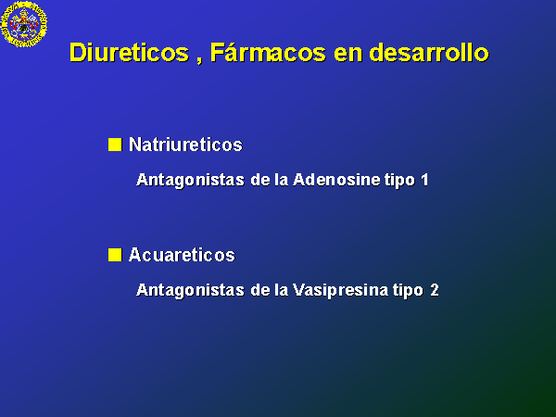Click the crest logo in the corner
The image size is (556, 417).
24,24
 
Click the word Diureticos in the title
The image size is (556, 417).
129,53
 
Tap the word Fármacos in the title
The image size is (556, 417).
268,52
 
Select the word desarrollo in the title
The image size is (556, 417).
429,53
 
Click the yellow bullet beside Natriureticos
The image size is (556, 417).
115,145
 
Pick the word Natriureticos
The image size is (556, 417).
185,145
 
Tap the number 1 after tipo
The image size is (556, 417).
424,180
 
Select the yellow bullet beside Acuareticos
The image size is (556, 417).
115,255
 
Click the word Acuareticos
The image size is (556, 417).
182,255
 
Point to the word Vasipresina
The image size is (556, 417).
340,290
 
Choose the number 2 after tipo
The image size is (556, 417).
435,290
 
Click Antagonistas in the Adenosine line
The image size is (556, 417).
190,180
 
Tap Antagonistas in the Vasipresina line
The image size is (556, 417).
190,290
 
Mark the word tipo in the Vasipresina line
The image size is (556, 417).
408,291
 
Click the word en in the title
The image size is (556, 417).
347,54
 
